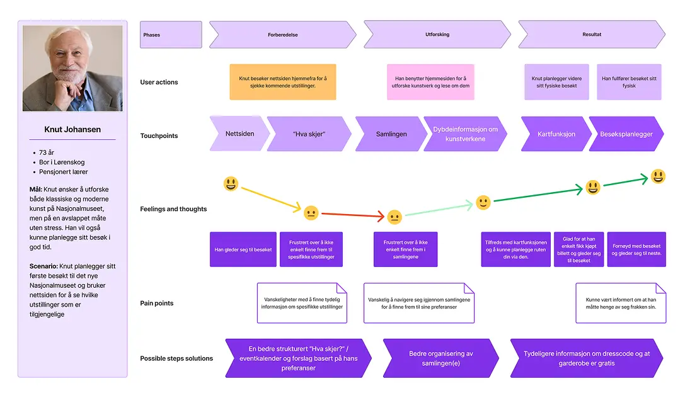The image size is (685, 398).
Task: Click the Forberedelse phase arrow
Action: [282, 35]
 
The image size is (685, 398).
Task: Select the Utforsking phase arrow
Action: [437, 35]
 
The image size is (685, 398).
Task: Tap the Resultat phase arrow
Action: [591, 35]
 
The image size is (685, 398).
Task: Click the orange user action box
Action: [282, 82]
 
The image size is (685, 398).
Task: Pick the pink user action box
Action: [430, 82]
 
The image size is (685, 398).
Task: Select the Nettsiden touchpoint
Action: [239, 134]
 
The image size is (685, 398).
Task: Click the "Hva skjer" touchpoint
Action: [309, 134]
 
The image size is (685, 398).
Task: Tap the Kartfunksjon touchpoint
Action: [556, 134]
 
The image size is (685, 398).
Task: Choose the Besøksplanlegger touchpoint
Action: [626, 134]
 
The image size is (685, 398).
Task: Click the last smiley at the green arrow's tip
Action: [658, 176]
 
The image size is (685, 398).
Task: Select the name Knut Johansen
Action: [72, 130]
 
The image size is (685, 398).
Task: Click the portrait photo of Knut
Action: [72, 69]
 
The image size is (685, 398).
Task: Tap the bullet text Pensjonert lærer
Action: [63, 172]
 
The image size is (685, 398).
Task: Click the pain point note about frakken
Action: [620, 303]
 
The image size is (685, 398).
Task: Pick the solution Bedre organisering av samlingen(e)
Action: [440, 358]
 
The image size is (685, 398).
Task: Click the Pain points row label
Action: [157, 304]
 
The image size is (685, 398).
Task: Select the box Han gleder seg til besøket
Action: [243, 250]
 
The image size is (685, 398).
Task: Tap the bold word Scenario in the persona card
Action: [44, 266]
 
